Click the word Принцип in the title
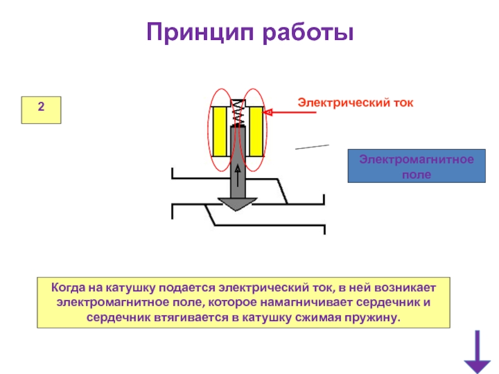tap(200, 31)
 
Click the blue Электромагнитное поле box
tap(416, 166)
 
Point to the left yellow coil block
tap(220, 132)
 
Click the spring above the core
tap(237, 112)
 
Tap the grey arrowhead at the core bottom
tap(237, 203)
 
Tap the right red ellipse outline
tap(266, 131)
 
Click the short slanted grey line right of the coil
tap(312, 146)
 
